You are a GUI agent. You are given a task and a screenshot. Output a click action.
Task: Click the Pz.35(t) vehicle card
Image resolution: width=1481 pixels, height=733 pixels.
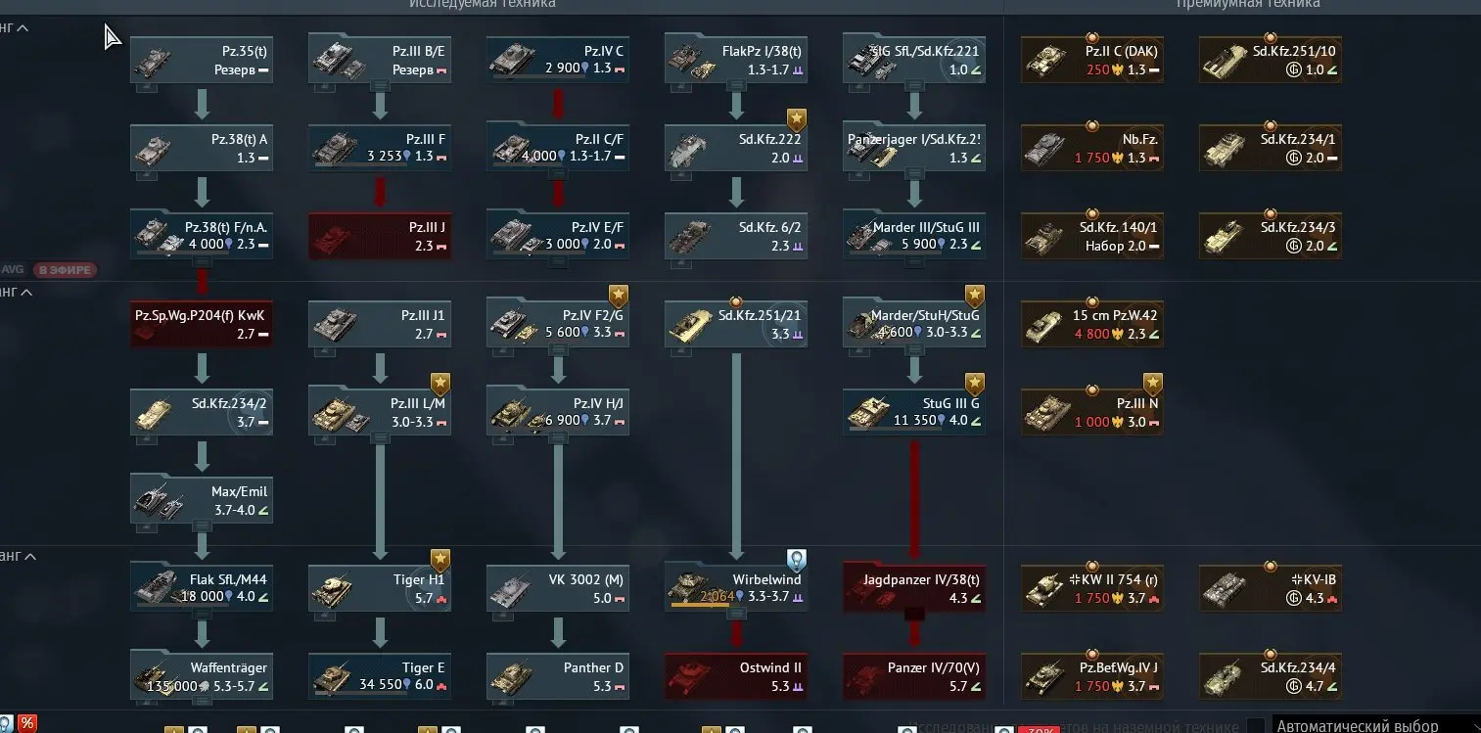click(202, 60)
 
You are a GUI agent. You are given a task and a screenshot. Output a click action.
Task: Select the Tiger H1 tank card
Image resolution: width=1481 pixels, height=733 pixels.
click(380, 588)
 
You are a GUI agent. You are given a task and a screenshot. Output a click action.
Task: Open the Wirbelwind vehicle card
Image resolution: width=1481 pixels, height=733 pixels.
click(736, 588)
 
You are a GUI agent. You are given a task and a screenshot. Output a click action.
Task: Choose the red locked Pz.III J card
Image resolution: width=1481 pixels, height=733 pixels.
click(380, 236)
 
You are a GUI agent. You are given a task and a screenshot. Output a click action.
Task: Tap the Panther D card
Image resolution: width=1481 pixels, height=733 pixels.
click(558, 676)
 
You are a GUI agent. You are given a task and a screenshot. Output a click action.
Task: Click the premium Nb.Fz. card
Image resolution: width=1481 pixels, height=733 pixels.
click(1092, 148)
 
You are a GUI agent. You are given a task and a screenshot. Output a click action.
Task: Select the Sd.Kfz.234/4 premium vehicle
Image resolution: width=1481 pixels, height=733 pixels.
click(1271, 676)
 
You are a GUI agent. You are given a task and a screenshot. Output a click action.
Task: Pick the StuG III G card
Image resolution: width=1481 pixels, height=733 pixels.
click(914, 412)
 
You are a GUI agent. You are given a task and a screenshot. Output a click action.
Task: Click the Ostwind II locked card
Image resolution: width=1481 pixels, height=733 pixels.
click(736, 676)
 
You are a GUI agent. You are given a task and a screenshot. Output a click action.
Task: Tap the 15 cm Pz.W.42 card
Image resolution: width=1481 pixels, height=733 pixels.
click(1092, 324)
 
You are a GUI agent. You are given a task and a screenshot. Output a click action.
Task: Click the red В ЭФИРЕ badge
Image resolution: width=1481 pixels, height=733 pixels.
click(66, 270)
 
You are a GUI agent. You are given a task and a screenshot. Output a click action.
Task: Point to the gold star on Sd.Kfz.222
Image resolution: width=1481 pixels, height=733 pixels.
click(797, 119)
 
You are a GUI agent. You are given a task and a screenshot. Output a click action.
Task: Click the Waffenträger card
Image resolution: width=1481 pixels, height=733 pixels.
click(202, 676)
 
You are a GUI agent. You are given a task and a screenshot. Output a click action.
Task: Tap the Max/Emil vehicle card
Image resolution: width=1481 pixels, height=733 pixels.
click(202, 500)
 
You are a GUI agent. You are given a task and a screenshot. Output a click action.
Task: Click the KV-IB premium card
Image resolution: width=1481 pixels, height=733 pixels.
click(1271, 588)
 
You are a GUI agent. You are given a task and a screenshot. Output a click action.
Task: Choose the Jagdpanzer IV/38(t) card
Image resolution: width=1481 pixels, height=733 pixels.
click(914, 588)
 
